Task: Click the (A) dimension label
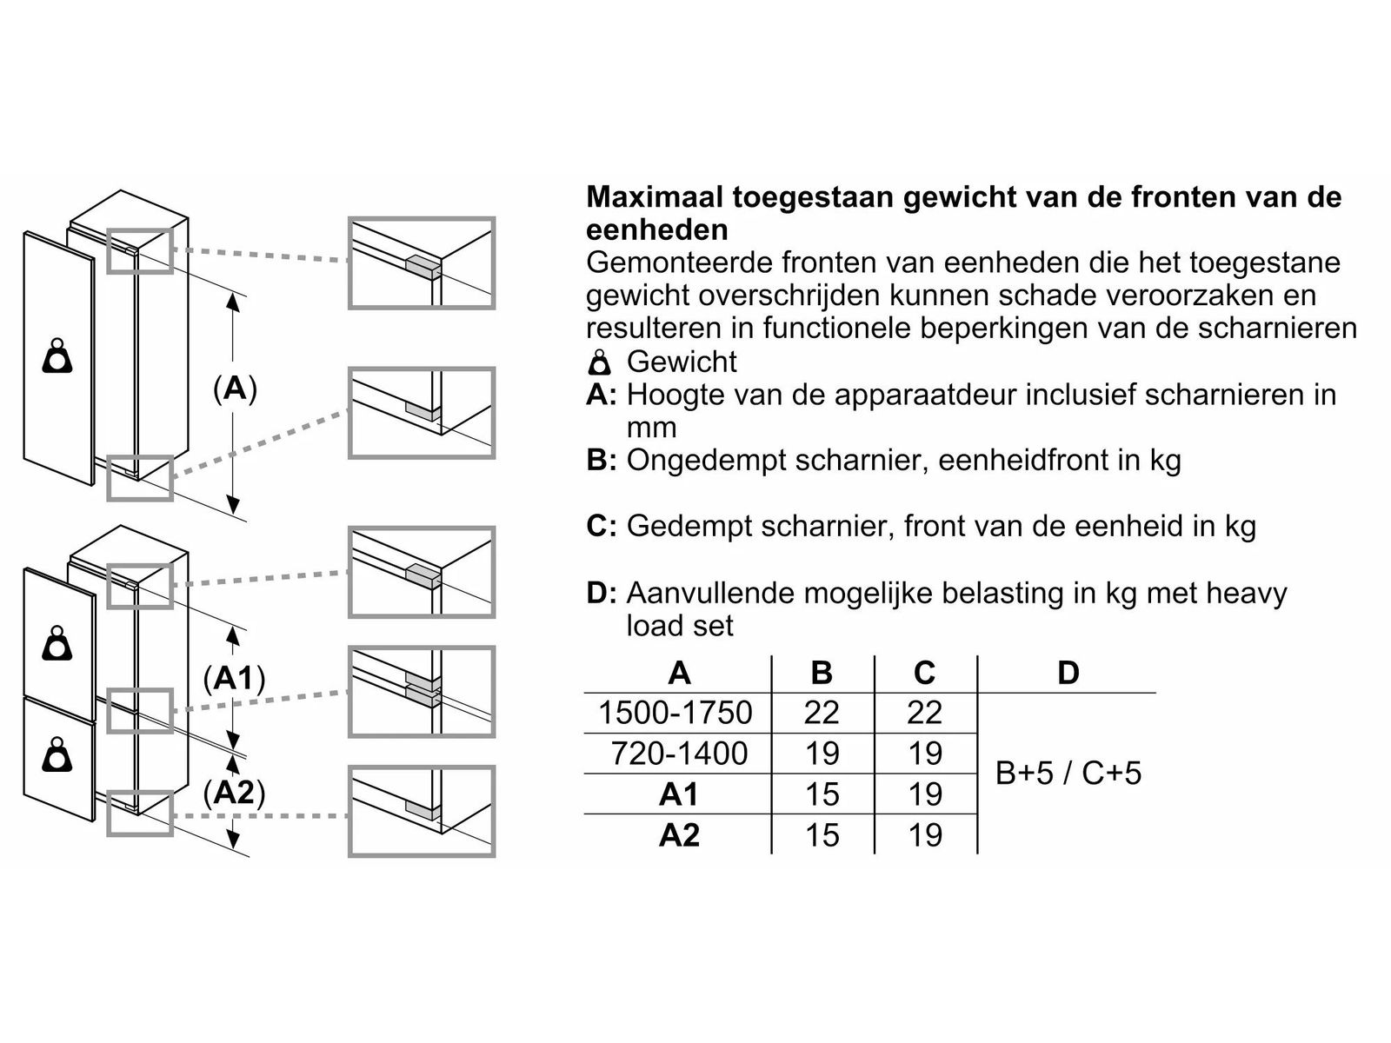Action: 235,389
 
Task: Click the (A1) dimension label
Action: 234,678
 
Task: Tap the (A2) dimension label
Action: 234,792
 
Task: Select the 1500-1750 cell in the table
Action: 675,713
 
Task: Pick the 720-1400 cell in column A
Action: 678,753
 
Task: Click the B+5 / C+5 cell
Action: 1068,773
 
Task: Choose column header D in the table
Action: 1068,672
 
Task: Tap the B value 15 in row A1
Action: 822,794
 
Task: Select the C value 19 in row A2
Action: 924,834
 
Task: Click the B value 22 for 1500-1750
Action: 822,713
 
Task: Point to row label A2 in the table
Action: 679,834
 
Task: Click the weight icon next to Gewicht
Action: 600,362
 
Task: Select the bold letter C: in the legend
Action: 602,526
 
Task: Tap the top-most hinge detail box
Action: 422,263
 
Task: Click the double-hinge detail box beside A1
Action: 422,692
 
